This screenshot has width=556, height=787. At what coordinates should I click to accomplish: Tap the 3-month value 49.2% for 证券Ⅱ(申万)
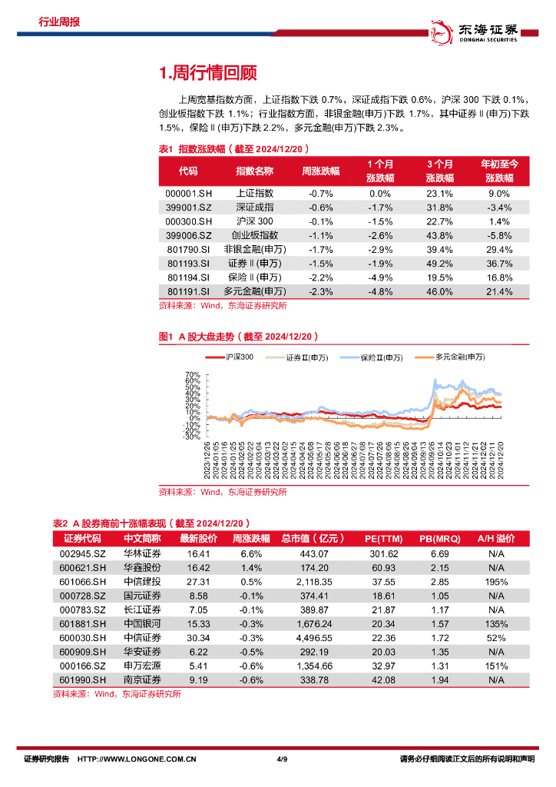pos(440,264)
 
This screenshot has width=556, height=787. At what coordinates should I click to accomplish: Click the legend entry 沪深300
pos(239,357)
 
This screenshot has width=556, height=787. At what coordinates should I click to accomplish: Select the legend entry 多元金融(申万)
pos(459,357)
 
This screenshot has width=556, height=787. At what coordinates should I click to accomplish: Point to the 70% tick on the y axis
pos(193,376)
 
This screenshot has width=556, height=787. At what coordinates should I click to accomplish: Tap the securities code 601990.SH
pos(81,680)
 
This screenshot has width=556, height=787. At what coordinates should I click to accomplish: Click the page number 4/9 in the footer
pos(280,759)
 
